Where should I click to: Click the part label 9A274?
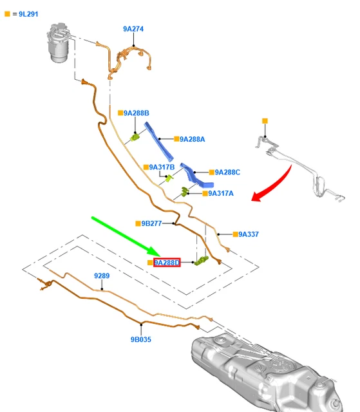click(133, 29)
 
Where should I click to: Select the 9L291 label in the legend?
click(28, 14)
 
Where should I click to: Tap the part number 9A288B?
click(137, 113)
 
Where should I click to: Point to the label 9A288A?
click(192, 139)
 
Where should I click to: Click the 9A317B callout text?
click(162, 167)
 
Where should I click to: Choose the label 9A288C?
click(227, 172)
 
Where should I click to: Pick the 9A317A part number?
click(221, 193)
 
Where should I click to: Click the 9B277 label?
click(151, 223)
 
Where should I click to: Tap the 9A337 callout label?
click(249, 234)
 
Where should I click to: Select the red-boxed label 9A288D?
click(167, 263)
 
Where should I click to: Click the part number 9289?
click(102, 276)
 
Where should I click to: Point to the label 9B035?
click(141, 339)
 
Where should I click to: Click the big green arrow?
click(126, 236)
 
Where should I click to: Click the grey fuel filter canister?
click(59, 42)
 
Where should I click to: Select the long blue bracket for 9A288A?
click(158, 142)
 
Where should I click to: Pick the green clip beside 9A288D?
click(202, 261)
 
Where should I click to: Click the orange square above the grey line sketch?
click(265, 121)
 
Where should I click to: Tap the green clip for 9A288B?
click(135, 137)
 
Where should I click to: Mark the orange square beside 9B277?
click(138, 223)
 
